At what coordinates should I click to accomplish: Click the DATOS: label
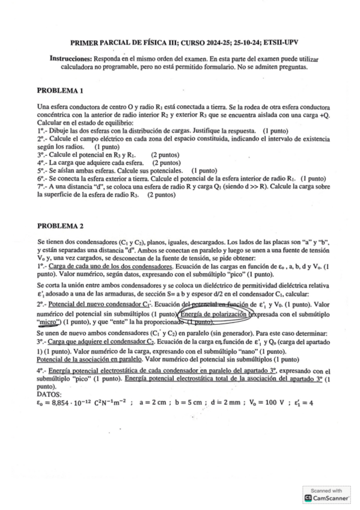49,395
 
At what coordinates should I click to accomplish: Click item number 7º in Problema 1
40,187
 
